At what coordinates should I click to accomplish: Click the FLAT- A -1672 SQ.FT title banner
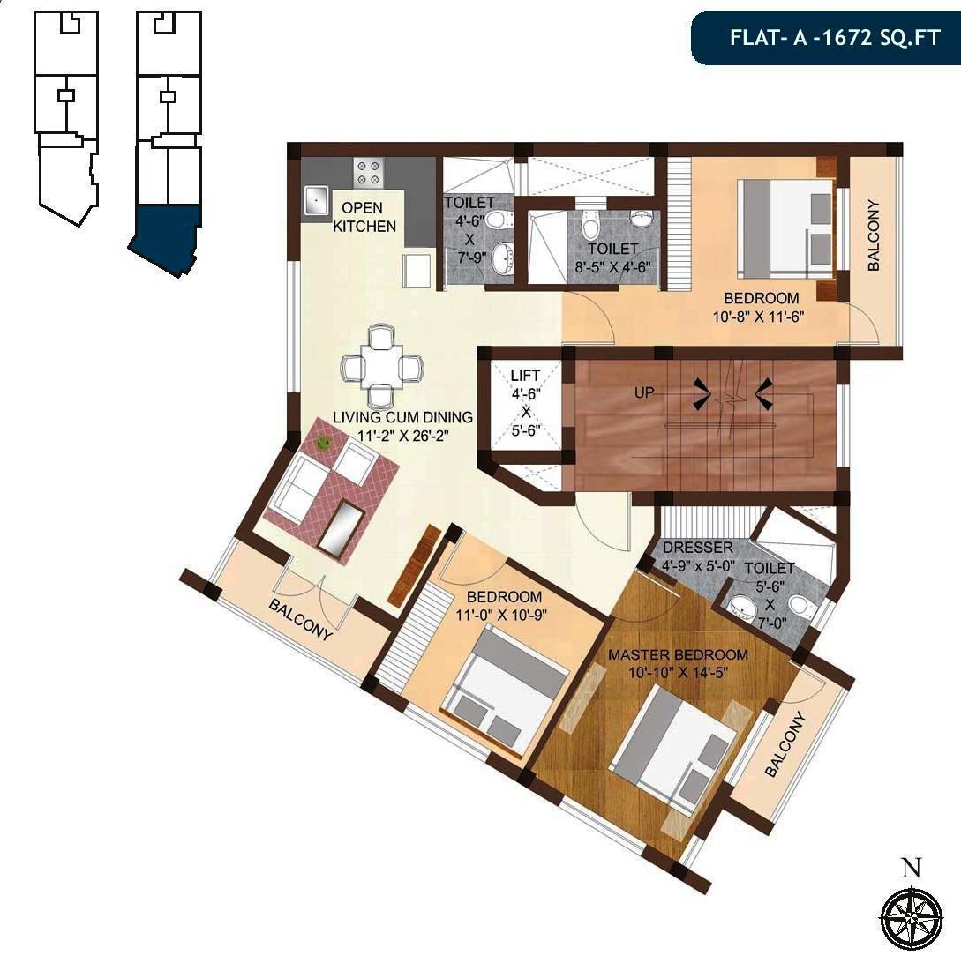pos(824,39)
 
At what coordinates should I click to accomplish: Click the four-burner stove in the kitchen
pos(368,171)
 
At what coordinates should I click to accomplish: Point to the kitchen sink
pos(315,202)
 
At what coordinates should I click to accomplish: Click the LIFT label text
pos(524,376)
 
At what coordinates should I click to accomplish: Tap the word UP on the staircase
pos(644,392)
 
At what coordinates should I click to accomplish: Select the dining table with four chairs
pos(382,366)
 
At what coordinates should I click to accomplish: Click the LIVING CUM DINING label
pos(402,417)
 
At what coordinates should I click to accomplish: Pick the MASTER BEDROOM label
pos(678,655)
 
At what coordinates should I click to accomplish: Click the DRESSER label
pos(697,549)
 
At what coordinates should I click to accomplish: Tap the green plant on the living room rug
pos(324,443)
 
